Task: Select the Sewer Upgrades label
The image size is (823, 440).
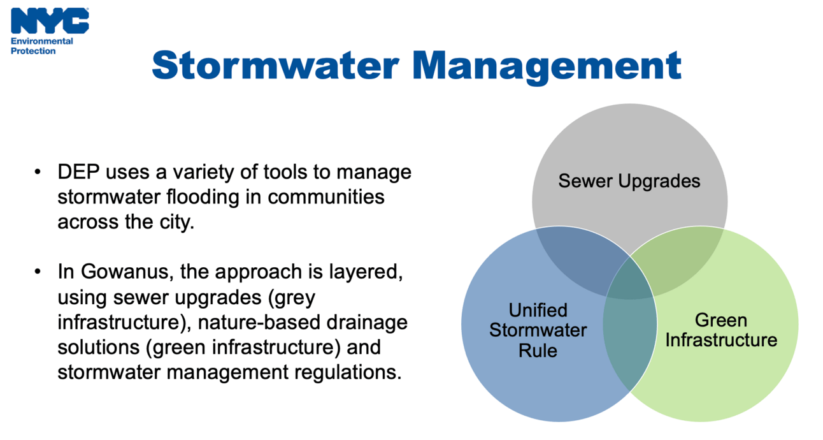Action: tap(629, 181)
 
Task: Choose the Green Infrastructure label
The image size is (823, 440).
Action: tap(720, 330)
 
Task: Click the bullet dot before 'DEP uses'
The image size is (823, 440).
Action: tap(39, 172)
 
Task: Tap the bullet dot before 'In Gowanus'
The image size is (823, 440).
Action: tap(39, 272)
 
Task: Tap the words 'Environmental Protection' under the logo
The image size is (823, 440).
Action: tap(42, 46)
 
